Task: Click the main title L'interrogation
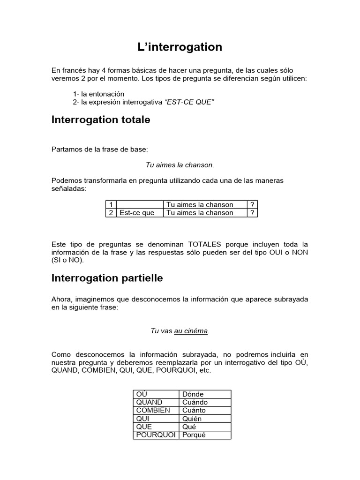180,47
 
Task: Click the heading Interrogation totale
100,120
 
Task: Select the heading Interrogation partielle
107,278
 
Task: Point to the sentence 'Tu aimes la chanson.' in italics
180,165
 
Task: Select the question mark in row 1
252,205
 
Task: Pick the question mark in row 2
252,213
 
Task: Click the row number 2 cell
111,213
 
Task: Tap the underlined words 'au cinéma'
191,331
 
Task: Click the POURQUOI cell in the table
156,435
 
